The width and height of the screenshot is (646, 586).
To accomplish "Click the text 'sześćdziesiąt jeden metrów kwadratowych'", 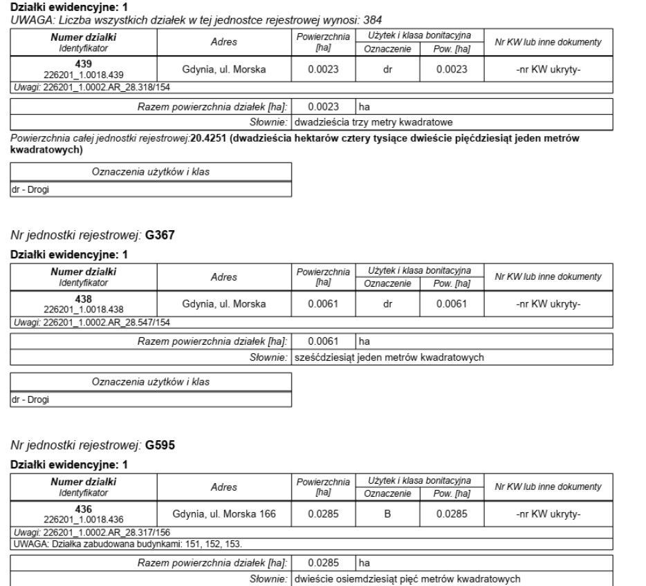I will (x=388, y=357).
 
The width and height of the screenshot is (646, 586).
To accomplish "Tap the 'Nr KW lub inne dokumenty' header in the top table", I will (x=549, y=42).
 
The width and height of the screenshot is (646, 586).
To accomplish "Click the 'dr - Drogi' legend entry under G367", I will (x=26, y=398).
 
